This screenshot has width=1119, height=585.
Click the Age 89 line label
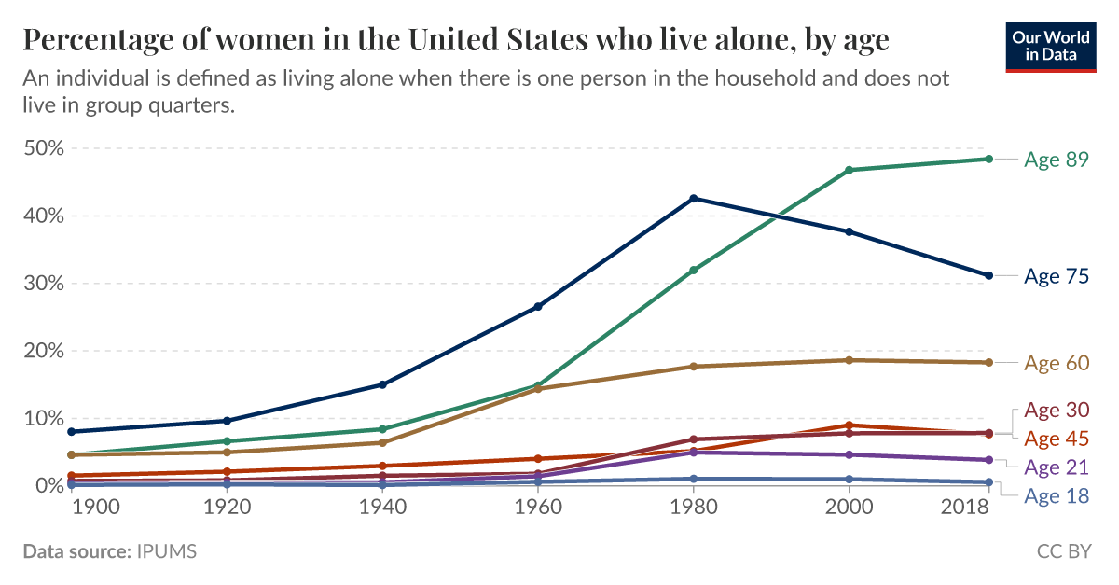(x=1057, y=160)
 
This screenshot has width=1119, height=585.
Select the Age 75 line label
(x=1057, y=276)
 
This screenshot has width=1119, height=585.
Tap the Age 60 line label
(x=1057, y=363)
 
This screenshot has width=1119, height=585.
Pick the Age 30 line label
(x=1057, y=410)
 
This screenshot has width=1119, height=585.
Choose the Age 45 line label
(x=1057, y=439)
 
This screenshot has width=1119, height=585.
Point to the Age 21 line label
(x=1057, y=467)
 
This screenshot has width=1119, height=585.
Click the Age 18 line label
(x=1057, y=495)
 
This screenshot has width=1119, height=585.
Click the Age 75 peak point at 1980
(x=693, y=199)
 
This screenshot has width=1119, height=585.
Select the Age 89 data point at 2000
(x=849, y=170)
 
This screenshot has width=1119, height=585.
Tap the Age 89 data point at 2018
(x=988, y=159)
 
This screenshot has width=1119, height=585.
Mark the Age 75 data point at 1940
(x=382, y=384)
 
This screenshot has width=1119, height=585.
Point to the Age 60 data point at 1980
(x=693, y=367)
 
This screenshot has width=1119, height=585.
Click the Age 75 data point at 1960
(x=538, y=306)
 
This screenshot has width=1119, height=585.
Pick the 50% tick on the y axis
(x=43, y=148)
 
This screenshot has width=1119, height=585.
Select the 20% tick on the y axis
(x=43, y=351)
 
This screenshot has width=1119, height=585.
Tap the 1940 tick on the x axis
(x=382, y=507)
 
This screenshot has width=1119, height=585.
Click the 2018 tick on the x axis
(x=964, y=507)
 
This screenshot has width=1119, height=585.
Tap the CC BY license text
(x=1063, y=551)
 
